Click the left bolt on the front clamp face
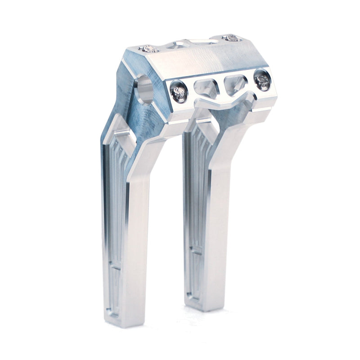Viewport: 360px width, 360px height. (x=179, y=93)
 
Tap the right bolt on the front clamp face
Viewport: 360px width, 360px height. (x=262, y=81)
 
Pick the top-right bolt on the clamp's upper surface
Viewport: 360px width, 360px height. (x=230, y=38)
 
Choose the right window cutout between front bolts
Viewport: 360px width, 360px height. (x=235, y=84)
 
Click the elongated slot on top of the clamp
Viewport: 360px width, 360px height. (x=202, y=41)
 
